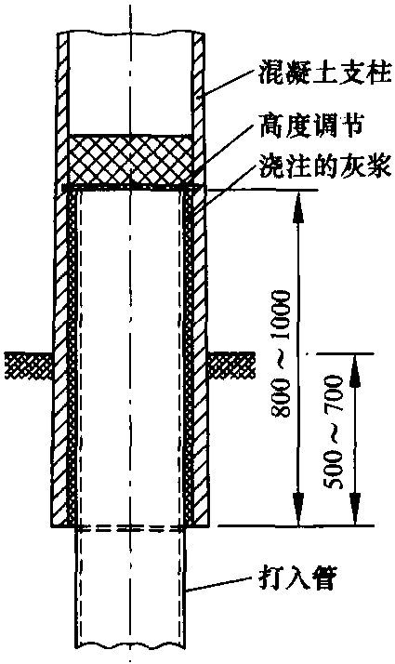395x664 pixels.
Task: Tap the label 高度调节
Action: tap(311, 126)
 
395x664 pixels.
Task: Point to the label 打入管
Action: tap(296, 578)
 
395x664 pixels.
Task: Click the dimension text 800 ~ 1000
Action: tap(282, 353)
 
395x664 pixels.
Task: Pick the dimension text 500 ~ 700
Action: tap(336, 432)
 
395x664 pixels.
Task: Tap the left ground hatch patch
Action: tap(28, 365)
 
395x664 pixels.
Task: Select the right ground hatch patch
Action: tap(232, 365)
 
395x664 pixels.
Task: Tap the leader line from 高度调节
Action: tap(227, 152)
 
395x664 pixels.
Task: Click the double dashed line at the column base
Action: tap(130, 528)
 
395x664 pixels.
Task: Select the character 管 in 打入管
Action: tap(323, 578)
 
